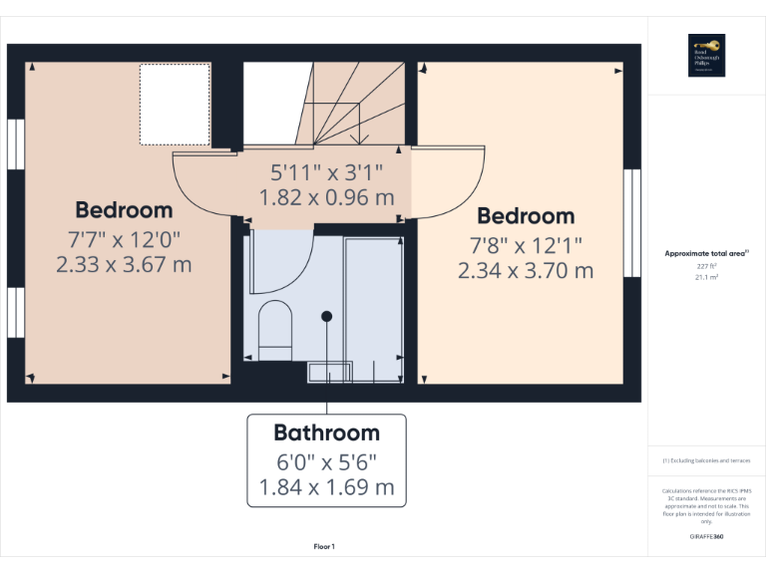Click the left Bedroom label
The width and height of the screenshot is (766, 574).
(x=124, y=210)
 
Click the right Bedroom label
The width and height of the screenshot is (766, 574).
(x=526, y=216)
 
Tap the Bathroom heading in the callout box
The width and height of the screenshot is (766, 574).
(x=326, y=432)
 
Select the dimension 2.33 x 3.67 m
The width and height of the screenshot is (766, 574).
(x=124, y=264)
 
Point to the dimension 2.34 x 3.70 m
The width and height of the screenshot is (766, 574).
(x=526, y=270)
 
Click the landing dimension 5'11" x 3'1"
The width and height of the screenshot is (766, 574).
(x=326, y=171)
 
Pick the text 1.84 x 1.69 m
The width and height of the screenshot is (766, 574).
(x=326, y=488)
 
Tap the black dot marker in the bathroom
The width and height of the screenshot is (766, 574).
(x=326, y=316)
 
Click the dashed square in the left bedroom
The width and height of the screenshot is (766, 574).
(x=175, y=104)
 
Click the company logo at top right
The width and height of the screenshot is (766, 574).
(x=706, y=55)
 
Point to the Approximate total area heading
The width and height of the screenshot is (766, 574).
(x=706, y=254)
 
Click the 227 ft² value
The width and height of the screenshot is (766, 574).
(x=706, y=267)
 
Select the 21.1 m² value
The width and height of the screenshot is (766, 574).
(x=706, y=279)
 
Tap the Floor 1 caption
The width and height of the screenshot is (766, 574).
(x=324, y=546)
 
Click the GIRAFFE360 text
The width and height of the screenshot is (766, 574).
(x=706, y=537)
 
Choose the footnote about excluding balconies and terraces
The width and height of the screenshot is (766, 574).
(x=706, y=460)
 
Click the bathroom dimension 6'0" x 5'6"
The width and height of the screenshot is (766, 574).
(x=326, y=463)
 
